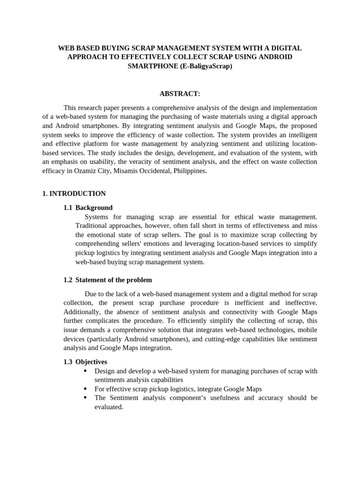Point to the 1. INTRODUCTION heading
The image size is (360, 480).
[x=74, y=193]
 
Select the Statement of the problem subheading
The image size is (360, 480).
[x=113, y=280]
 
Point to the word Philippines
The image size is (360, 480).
[x=189, y=171]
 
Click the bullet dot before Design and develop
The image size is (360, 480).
[x=85, y=371]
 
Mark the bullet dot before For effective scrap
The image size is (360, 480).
[x=85, y=389]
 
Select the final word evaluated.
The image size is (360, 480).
[x=108, y=407]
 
